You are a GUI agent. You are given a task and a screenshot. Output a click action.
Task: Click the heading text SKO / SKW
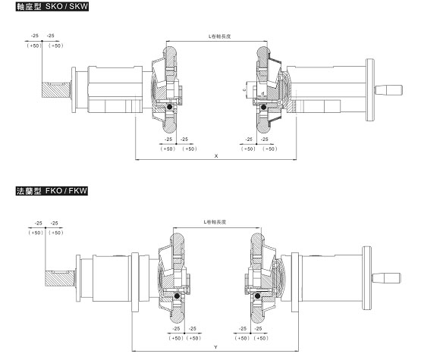(x=67, y=6)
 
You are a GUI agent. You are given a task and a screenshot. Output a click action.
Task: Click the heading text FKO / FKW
(x=66, y=191)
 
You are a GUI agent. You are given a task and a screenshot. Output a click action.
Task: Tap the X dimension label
(x=216, y=156)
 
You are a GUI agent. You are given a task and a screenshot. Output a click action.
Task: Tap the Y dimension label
(x=215, y=347)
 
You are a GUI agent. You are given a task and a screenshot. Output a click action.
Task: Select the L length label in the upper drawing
(x=219, y=36)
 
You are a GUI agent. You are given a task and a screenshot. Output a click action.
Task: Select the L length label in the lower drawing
(x=215, y=222)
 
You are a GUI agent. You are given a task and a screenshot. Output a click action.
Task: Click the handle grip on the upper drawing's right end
(x=389, y=90)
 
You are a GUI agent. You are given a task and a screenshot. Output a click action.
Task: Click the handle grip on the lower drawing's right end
(x=387, y=278)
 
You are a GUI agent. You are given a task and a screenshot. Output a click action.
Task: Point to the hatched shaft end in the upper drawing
(x=56, y=90)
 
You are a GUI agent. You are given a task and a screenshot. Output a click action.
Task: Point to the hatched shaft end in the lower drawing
(x=59, y=278)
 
